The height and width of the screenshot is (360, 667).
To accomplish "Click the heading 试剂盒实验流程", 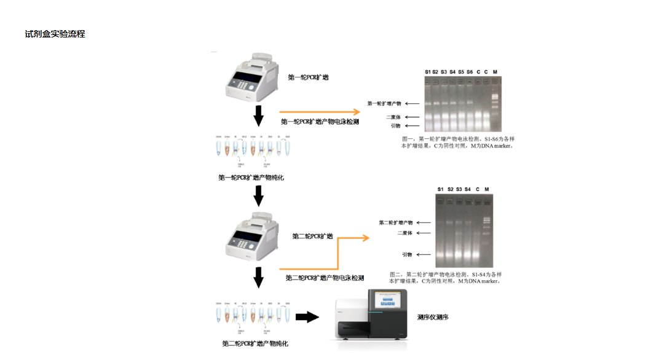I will tap(55, 34).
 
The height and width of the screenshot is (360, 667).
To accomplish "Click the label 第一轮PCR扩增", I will tap(308, 77).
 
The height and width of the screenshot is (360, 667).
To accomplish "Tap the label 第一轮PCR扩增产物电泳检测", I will tap(320, 122).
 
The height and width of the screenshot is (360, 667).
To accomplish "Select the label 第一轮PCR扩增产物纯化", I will tap(251, 178).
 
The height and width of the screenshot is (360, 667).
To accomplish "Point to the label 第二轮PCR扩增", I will tap(312, 236).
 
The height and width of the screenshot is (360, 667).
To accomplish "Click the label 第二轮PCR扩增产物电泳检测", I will tap(325, 278).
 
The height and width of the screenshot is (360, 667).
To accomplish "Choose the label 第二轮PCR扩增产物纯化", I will tap(255, 343).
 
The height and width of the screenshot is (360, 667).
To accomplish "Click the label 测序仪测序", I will tap(433, 318).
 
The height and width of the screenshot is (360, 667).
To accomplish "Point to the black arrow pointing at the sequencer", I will tap(307, 317).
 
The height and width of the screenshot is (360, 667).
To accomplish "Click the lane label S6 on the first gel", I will tap(469, 72).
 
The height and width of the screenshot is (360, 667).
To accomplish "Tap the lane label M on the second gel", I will tap(486, 189).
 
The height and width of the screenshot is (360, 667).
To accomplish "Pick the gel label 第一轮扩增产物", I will tap(384, 104).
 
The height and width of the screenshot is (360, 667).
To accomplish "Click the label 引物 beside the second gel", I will tap(407, 254).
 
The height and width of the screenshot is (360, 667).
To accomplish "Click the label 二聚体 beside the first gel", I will tap(393, 117).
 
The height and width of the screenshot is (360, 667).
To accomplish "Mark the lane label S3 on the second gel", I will tap(459, 189).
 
